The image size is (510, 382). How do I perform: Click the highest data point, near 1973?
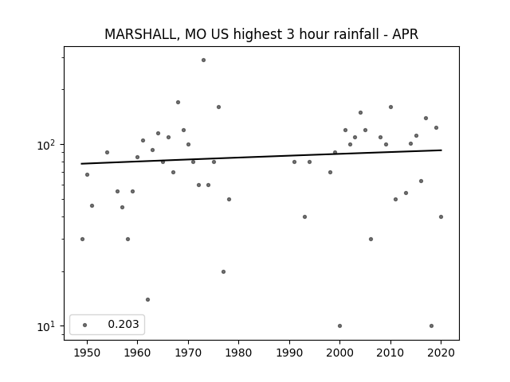click(204, 60)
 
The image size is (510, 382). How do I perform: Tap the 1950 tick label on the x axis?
click(87, 353)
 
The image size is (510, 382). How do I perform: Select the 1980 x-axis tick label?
click(238, 353)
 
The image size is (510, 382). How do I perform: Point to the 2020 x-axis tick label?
click(441, 353)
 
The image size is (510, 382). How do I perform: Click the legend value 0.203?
click(124, 324)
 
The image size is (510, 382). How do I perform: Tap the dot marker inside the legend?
click(85, 325)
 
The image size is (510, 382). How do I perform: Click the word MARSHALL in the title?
click(140, 34)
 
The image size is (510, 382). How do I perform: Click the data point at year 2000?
click(340, 325)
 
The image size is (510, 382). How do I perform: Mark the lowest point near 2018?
click(431, 325)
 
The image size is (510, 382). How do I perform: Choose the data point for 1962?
click(147, 299)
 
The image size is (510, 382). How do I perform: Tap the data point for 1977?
click(223, 271)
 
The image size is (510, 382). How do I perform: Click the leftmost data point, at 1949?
click(82, 239)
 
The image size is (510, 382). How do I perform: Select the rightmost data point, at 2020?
click(441, 216)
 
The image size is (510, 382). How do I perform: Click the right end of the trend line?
click(441, 150)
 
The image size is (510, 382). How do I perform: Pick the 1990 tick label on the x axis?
click(289, 353)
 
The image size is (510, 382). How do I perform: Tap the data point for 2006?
click(371, 239)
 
